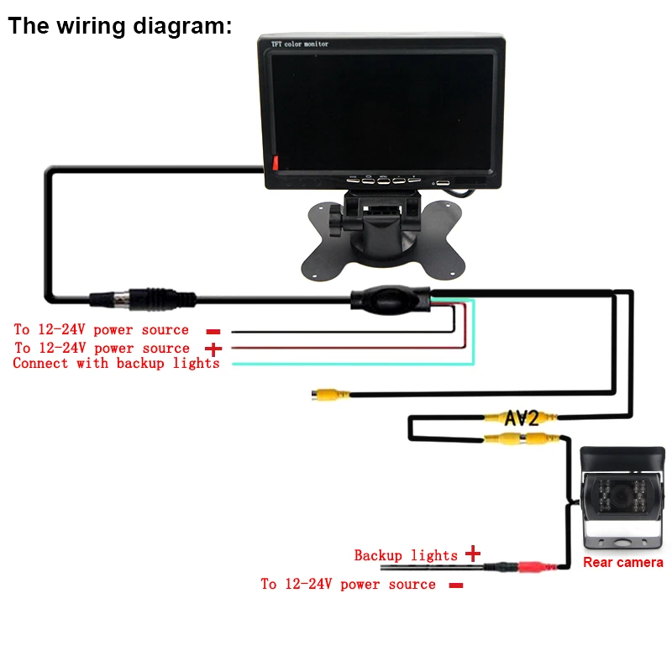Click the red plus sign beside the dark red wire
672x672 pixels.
(214, 348)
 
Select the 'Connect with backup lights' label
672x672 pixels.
(116, 364)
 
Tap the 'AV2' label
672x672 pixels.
(522, 417)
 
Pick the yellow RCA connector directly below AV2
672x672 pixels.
(513, 438)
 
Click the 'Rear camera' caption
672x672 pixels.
(623, 562)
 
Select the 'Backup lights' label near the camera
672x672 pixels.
(406, 555)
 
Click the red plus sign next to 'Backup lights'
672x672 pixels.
(473, 554)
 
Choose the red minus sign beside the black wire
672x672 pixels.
(213, 331)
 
